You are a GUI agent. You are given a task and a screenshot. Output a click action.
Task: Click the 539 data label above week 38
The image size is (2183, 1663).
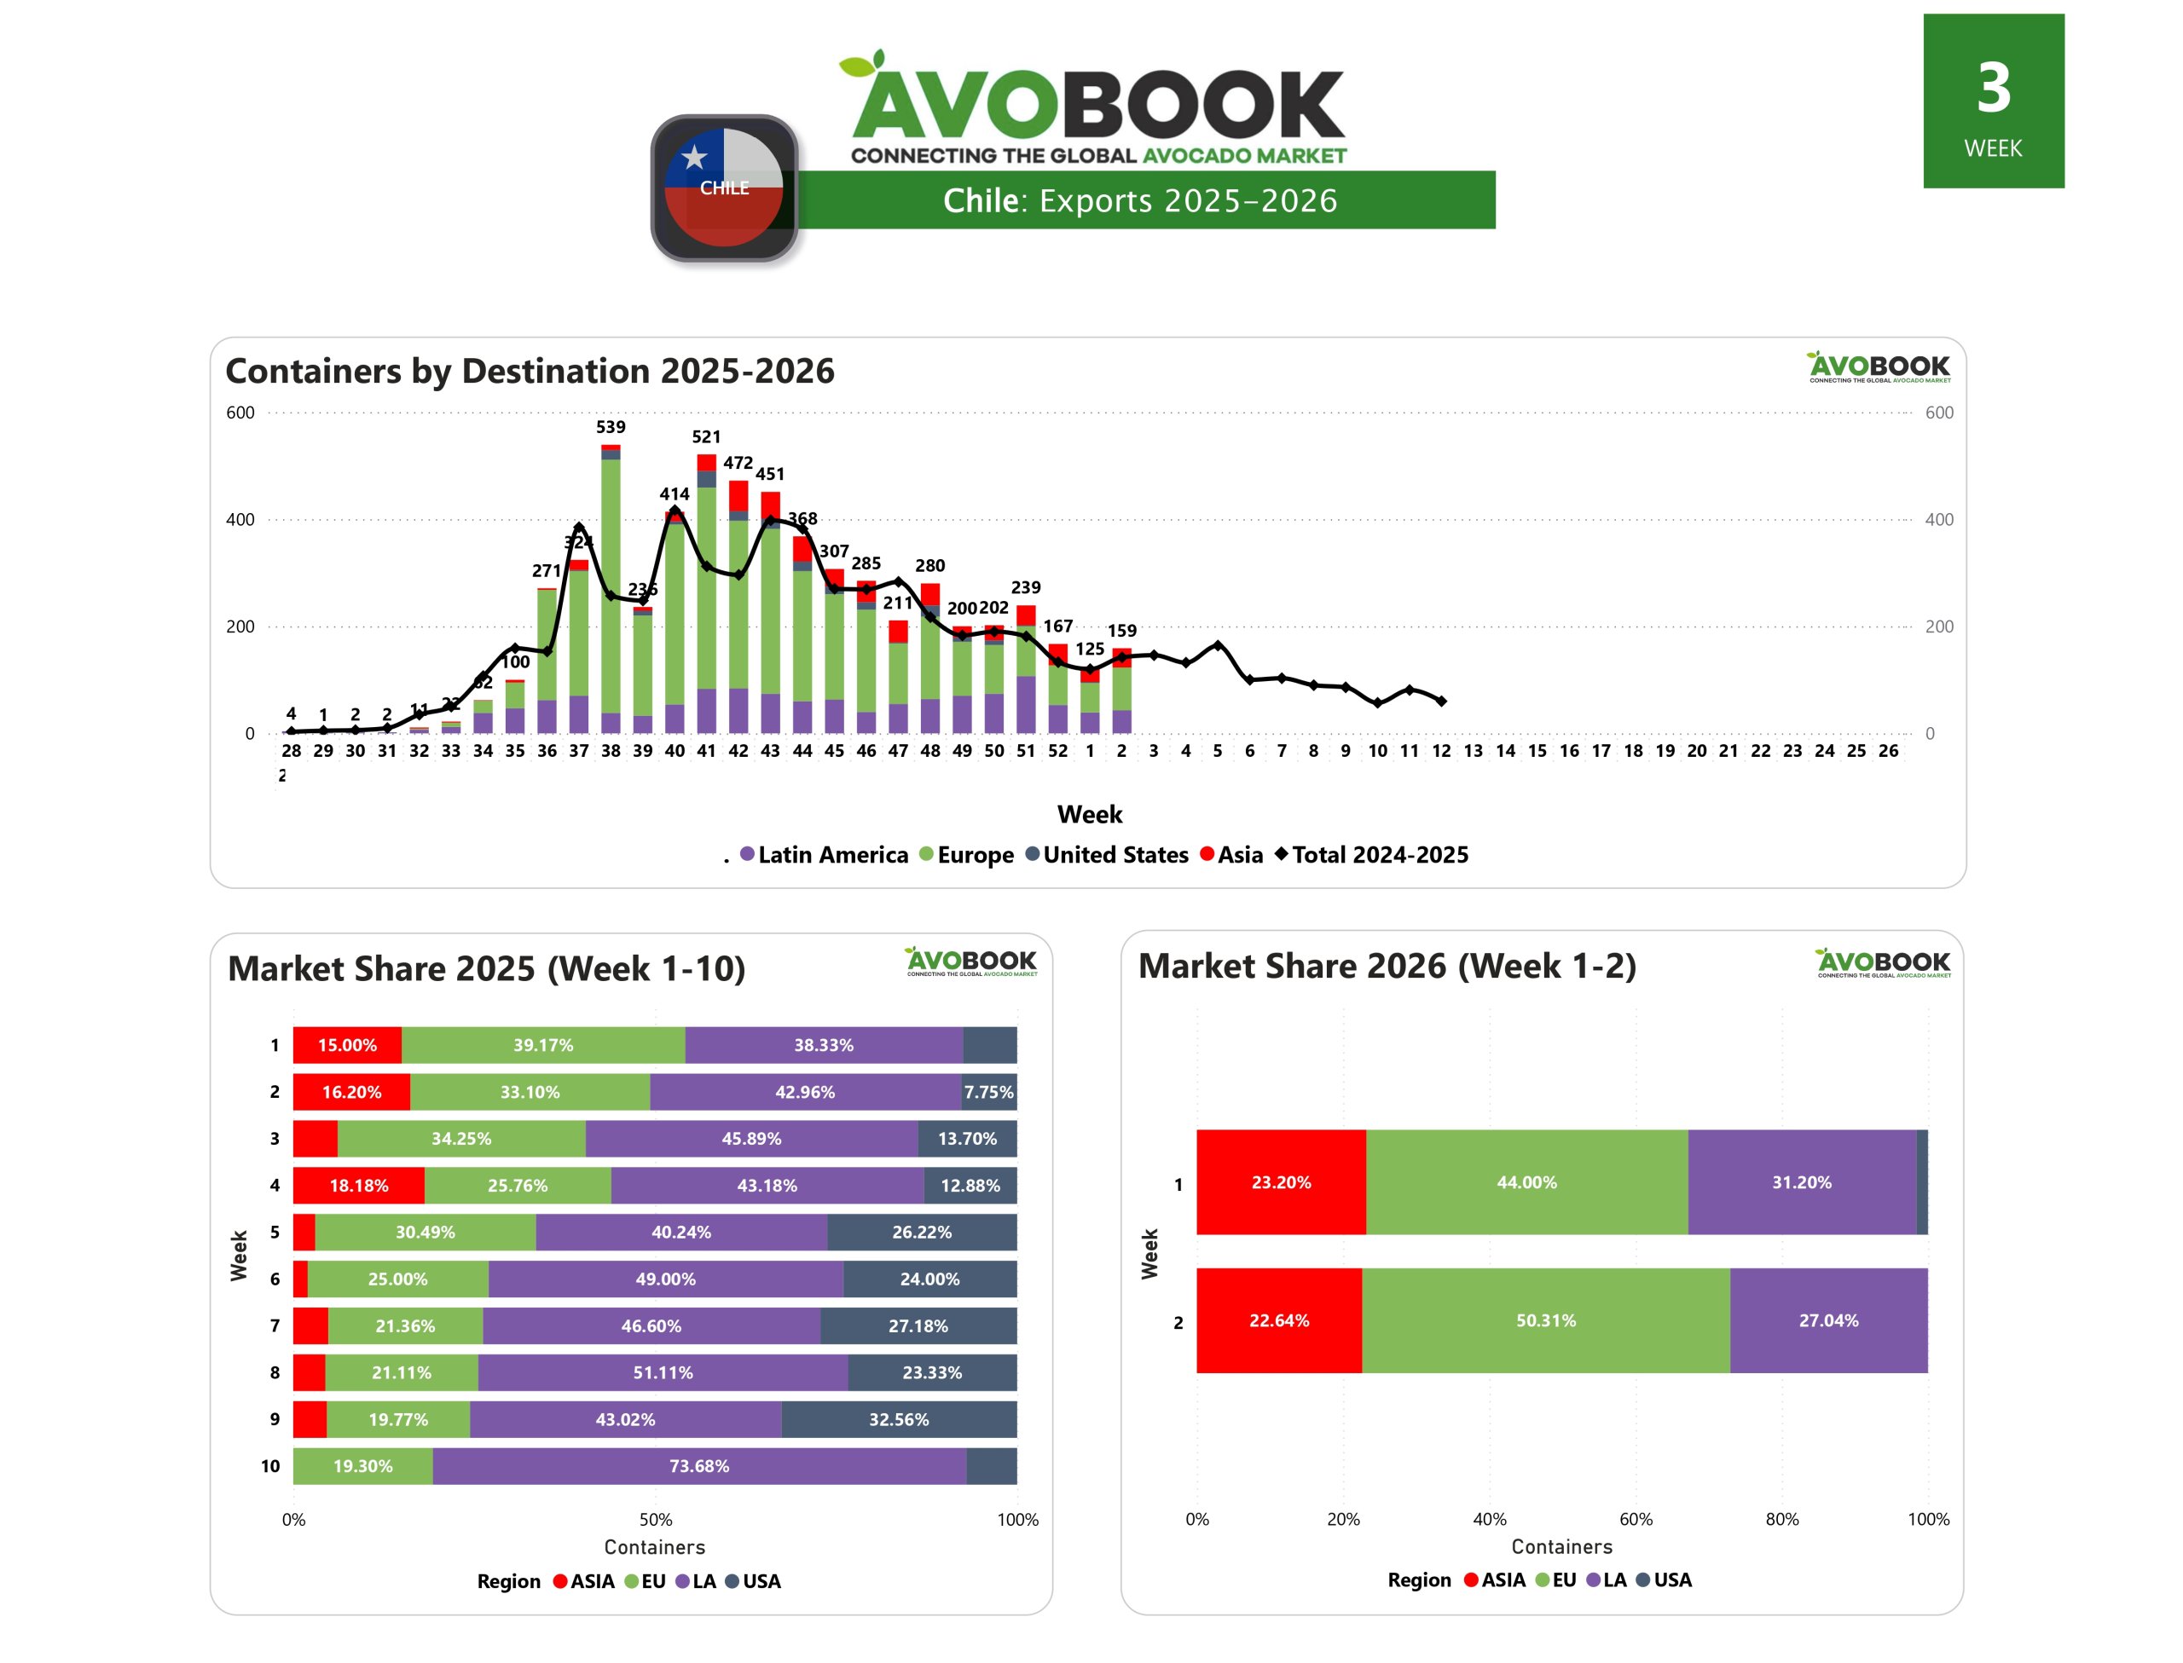pyautogui.click(x=610, y=427)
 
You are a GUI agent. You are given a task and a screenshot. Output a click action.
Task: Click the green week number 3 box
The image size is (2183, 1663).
pyautogui.click(x=1992, y=101)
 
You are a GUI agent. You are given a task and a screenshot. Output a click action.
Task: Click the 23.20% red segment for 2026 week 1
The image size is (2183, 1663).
pyautogui.click(x=1280, y=1182)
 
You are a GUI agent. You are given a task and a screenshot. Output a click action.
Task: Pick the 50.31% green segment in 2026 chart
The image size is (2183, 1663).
pyautogui.click(x=1544, y=1320)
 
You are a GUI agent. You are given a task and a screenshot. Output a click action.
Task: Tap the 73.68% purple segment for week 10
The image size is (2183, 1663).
pyautogui.click(x=699, y=1466)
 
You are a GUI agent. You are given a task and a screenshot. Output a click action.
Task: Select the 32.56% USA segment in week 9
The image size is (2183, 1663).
pyautogui.click(x=898, y=1419)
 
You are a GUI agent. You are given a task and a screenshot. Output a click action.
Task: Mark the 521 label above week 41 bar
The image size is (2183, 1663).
pyautogui.click(x=706, y=436)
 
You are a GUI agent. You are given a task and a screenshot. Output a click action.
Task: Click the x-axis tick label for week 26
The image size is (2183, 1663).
pyautogui.click(x=1887, y=751)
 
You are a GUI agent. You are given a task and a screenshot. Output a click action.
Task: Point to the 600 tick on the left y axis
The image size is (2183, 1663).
pyautogui.click(x=240, y=413)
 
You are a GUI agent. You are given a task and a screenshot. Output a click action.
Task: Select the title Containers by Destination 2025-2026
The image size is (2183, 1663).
pyautogui.click(x=530, y=370)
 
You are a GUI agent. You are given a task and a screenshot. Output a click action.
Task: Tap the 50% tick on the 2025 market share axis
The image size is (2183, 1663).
pyautogui.click(x=656, y=1520)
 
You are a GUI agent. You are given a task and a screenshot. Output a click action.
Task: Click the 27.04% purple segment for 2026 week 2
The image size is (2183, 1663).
pyautogui.click(x=1827, y=1320)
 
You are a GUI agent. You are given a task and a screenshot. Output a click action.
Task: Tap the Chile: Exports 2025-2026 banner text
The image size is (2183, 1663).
pyautogui.click(x=1139, y=201)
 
